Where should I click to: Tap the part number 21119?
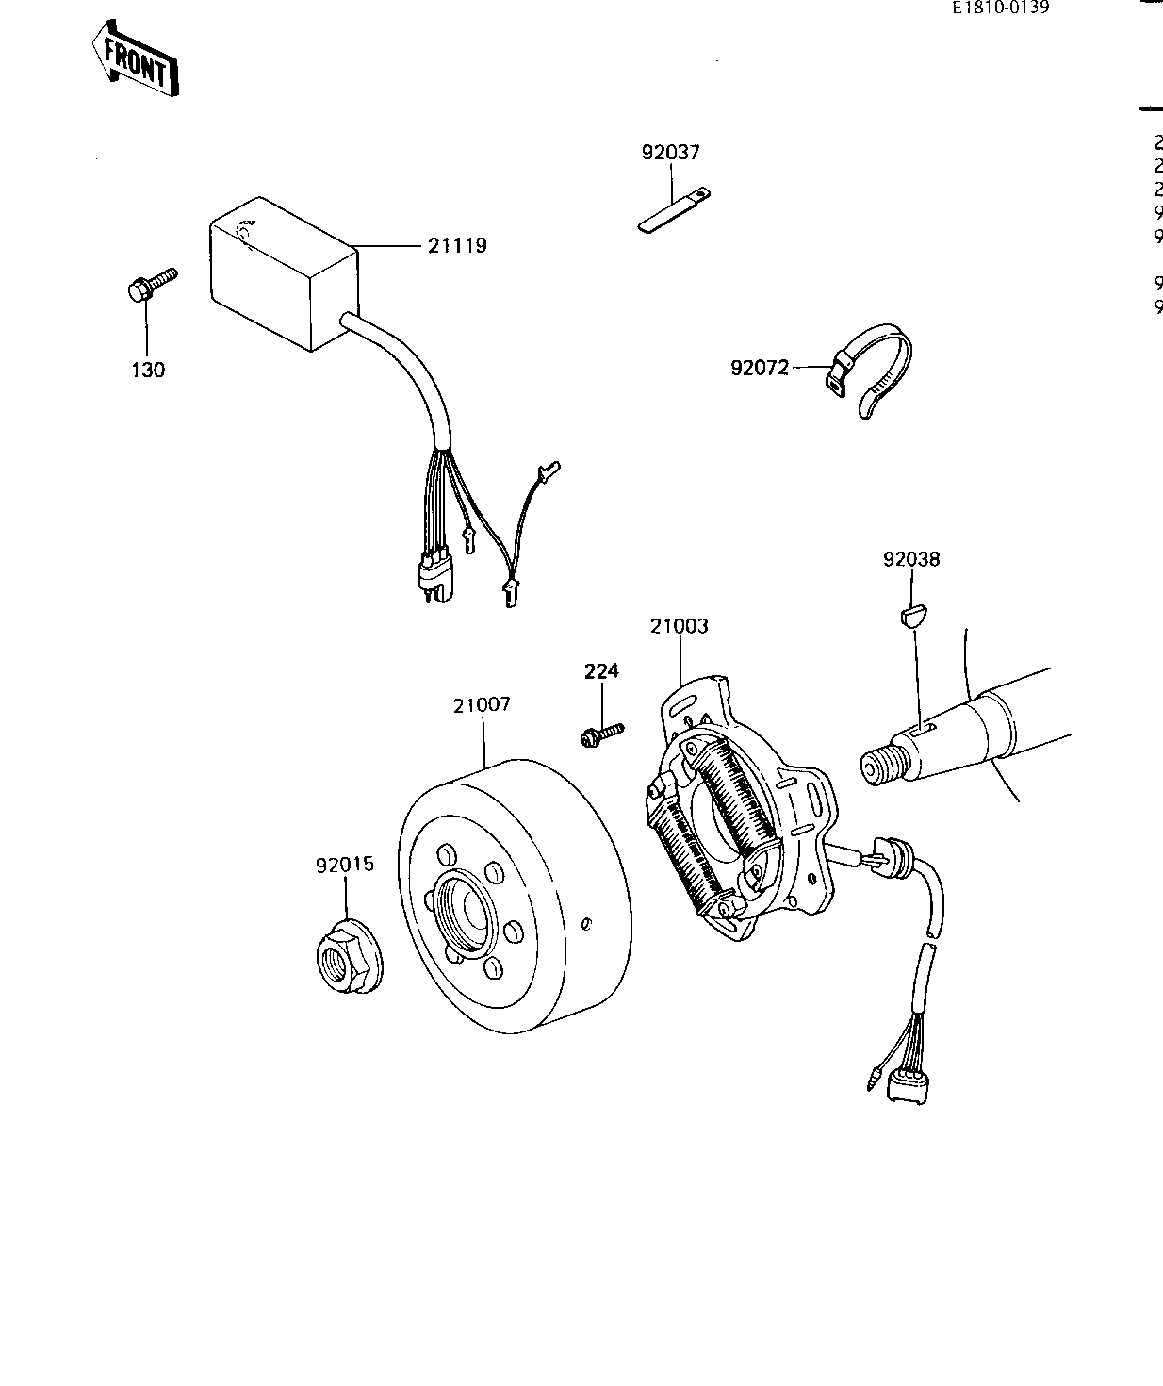coord(457,246)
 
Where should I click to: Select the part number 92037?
coord(670,152)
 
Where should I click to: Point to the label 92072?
coord(759,368)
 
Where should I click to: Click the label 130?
coord(147,370)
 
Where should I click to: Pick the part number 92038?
coord(911,559)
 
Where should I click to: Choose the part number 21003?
coord(679,626)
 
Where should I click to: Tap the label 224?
coord(601,671)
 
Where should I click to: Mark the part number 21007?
coord(482,704)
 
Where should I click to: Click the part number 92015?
coord(344,864)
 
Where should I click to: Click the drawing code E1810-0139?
coord(1000,8)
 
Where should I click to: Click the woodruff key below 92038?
coord(911,618)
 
